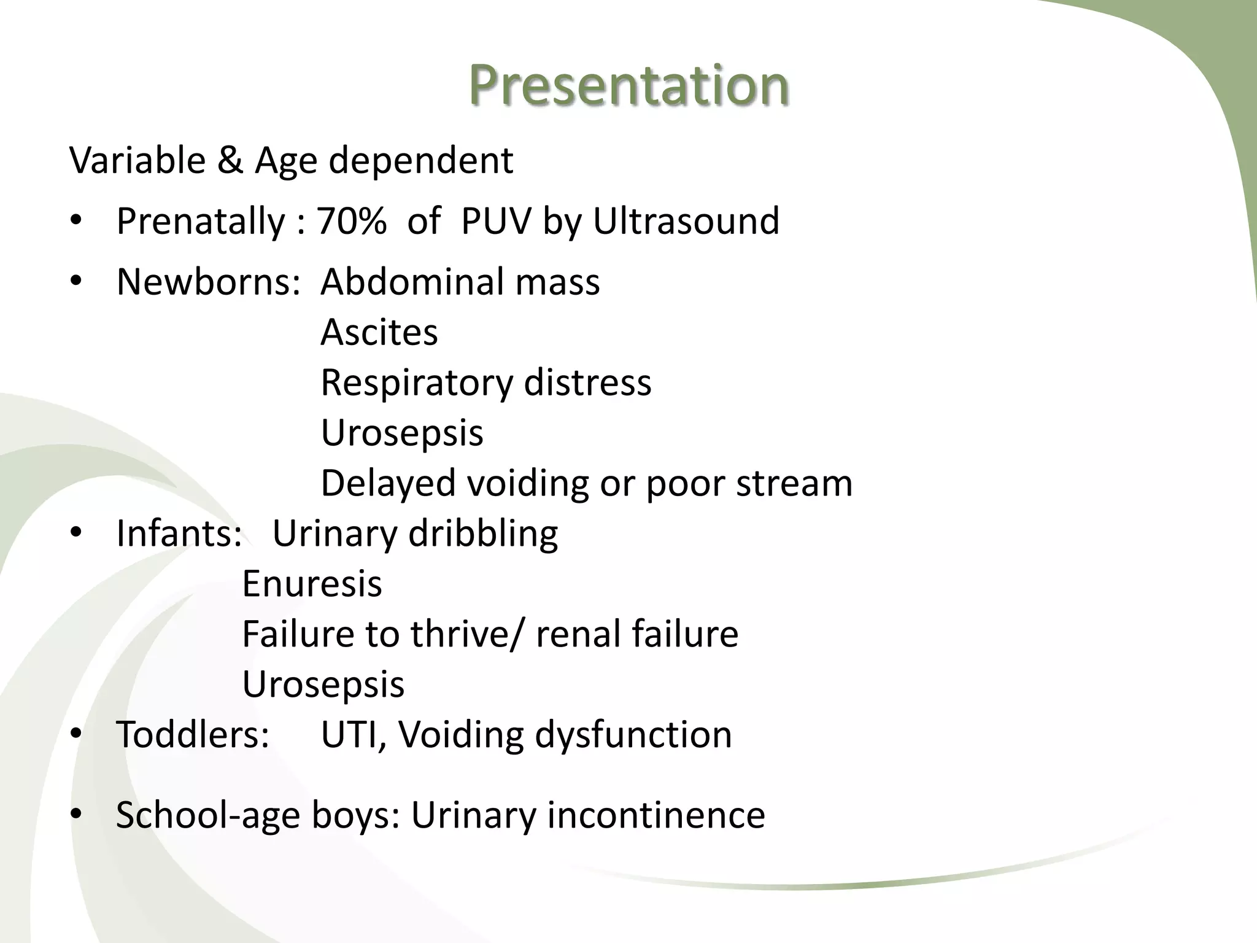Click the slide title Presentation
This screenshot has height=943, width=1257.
tap(628, 86)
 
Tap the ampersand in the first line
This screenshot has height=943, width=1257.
tap(230, 161)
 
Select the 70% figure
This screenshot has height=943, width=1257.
tap(352, 221)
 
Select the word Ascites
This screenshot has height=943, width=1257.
tap(379, 332)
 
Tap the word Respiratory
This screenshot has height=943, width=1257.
tap(416, 384)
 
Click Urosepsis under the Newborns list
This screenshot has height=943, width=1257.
tap(402, 433)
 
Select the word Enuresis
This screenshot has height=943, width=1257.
tap(312, 584)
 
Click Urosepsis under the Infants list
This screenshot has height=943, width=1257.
tap(323, 685)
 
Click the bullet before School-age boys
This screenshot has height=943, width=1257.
tap(75, 815)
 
